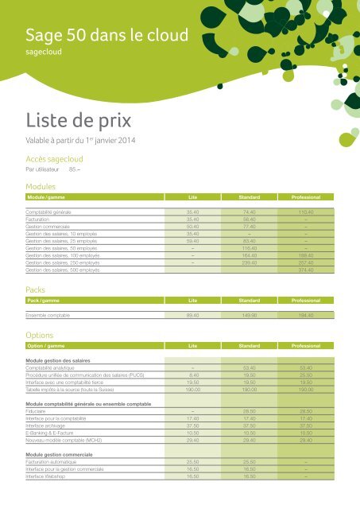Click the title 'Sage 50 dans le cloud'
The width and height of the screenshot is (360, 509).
coord(106,35)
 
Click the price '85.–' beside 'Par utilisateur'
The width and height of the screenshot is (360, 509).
coord(77,169)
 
